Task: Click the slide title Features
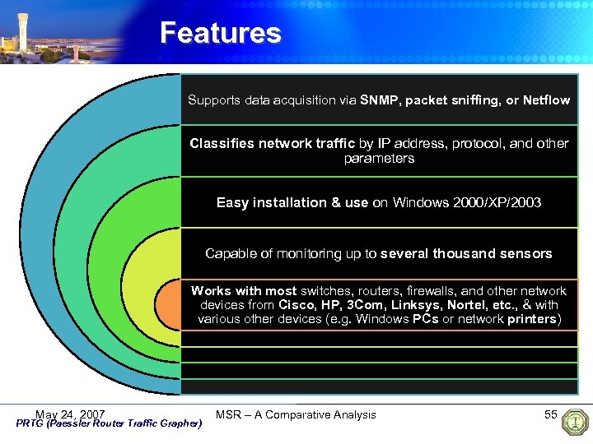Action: tap(220, 33)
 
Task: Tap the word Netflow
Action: tap(546, 100)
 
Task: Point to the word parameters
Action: tap(379, 158)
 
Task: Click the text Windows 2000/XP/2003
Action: tap(467, 202)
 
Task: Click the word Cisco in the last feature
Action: tap(295, 304)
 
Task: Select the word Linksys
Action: tap(414, 304)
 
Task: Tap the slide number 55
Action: tap(551, 414)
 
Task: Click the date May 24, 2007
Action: tap(70, 414)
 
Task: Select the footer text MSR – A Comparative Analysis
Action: tap(296, 414)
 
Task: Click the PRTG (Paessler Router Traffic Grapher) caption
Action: tap(109, 424)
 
